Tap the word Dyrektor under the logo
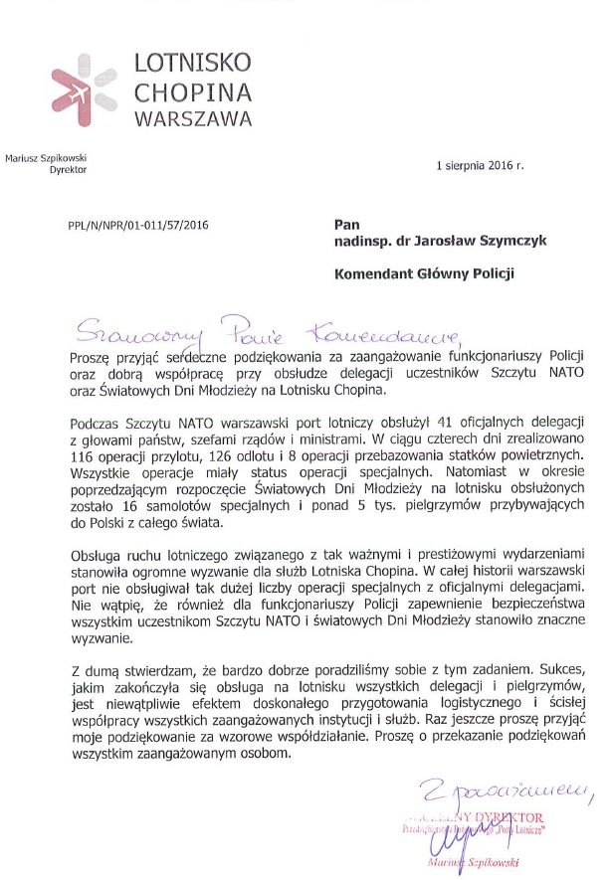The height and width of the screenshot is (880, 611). pyautogui.click(x=69, y=170)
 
